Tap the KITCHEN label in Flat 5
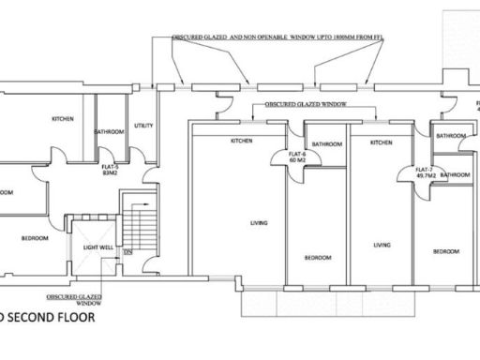(63, 119)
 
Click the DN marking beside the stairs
(127, 251)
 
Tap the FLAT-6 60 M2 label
(298, 157)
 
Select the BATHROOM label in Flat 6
(326, 144)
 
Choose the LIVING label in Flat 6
(257, 223)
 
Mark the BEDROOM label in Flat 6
(317, 257)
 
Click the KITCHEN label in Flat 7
(381, 142)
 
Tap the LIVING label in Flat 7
(382, 245)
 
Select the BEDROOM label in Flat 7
(445, 252)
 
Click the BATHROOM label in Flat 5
(110, 132)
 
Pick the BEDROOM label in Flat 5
(35, 239)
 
